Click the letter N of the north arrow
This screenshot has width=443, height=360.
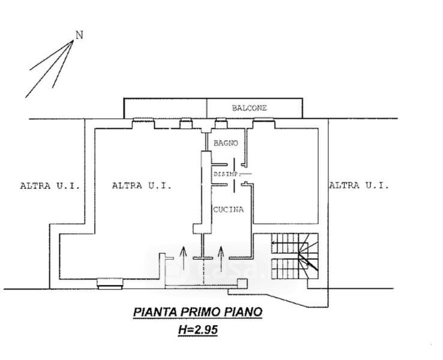point(79,35)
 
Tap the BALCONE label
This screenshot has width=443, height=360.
point(249,108)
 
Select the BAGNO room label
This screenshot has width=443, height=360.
point(226,143)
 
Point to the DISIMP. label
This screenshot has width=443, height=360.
point(227,175)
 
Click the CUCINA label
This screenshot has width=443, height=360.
point(229,209)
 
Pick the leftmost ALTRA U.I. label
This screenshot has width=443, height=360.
point(50,186)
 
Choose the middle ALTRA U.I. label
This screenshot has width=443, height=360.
point(142,186)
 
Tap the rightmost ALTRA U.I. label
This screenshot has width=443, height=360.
point(358,186)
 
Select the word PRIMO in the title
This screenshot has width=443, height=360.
point(199,312)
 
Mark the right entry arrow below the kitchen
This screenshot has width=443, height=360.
point(221,258)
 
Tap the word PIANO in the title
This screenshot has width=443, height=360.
point(241,312)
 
